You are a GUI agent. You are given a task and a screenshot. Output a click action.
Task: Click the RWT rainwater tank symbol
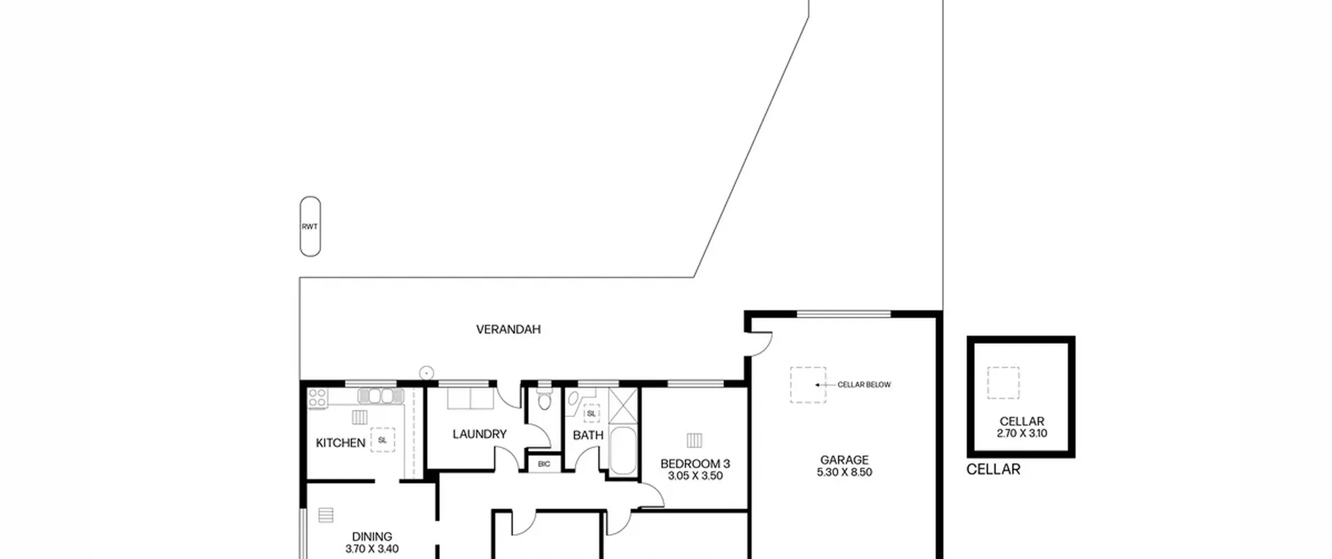[310, 226]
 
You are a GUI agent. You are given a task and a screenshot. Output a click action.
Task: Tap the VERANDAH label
[508, 329]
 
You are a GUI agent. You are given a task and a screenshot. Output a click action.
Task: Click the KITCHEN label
[341, 443]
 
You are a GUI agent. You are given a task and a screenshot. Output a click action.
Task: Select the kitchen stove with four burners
[317, 399]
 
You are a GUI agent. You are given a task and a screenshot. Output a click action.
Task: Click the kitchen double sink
[381, 396]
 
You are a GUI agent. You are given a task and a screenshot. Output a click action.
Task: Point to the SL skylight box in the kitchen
[382, 440]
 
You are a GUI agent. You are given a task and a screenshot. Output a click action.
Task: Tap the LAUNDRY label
[479, 434]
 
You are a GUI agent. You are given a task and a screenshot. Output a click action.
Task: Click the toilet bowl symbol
[544, 400]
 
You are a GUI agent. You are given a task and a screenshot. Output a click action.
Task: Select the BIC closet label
[544, 464]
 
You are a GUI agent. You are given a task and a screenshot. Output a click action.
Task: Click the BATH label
[588, 435]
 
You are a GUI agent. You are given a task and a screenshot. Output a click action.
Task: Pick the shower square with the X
[623, 405]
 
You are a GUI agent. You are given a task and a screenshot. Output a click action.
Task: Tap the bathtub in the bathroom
[622, 451]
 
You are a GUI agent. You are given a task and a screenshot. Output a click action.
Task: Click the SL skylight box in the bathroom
[591, 414]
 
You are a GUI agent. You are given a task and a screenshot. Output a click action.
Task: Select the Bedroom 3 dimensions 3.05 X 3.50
[695, 476]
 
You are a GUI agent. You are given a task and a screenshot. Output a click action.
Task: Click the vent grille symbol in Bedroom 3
[694, 440]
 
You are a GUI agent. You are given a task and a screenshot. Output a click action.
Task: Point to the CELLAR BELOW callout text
[864, 385]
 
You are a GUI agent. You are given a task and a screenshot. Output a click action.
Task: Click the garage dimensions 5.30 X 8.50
[844, 472]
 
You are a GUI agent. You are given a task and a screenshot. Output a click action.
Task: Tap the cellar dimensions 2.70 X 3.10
[1022, 433]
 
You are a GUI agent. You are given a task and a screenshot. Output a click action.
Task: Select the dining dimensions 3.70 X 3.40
[372, 549]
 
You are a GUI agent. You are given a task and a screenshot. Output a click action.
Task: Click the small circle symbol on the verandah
[427, 373]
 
